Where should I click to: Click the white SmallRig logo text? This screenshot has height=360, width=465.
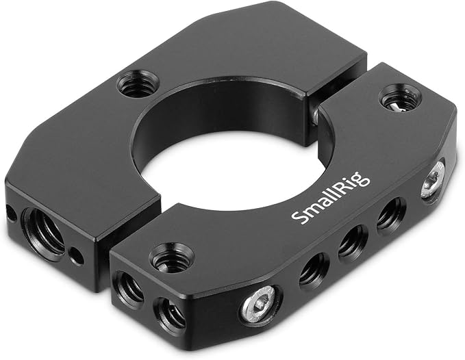pyautogui.click(x=330, y=198)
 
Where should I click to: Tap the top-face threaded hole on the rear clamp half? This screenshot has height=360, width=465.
pyautogui.click(x=137, y=84)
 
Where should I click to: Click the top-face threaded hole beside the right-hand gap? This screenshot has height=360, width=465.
pyautogui.click(x=401, y=99)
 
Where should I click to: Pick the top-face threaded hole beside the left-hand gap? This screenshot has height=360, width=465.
pyautogui.click(x=171, y=257)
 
